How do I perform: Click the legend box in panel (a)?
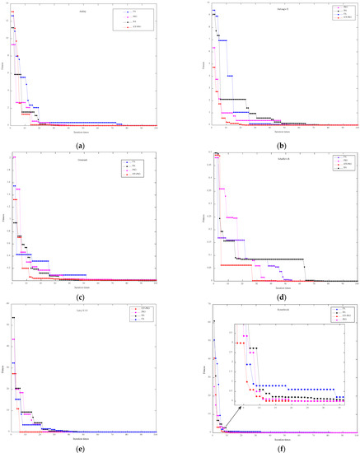(x=131, y=21)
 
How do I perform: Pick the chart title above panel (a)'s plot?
(x=82, y=12)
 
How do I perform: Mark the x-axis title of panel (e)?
(x=82, y=436)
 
